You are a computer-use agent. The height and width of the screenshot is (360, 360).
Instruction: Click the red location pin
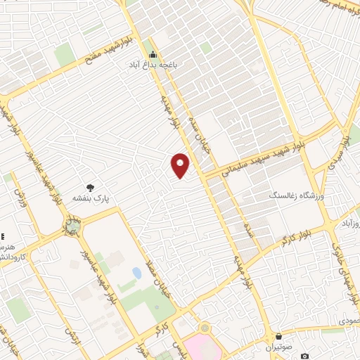pyautogui.click(x=181, y=165)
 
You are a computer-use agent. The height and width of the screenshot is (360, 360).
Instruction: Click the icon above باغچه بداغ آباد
pyautogui.click(x=153, y=55)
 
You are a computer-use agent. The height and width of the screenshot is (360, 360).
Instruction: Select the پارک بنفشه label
pyautogui.click(x=91, y=199)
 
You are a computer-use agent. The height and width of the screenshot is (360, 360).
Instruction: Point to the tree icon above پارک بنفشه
pyautogui.click(x=91, y=188)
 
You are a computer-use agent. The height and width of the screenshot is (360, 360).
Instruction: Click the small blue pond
pyautogui.click(x=136, y=273)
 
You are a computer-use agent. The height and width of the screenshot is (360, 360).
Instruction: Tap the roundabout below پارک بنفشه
pyautogui.click(x=72, y=227)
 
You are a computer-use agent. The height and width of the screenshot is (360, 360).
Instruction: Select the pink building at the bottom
pyautogui.click(x=204, y=347)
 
